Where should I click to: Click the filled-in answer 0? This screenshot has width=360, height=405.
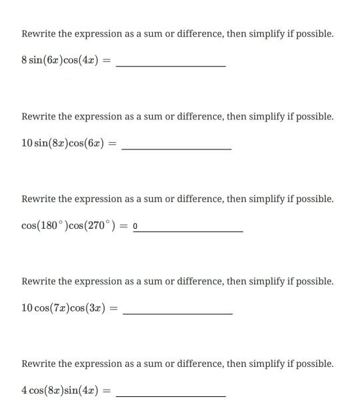click(x=135, y=226)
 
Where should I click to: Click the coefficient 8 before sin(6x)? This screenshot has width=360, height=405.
click(x=24, y=61)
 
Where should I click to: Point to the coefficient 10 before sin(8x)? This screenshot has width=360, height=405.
click(x=27, y=143)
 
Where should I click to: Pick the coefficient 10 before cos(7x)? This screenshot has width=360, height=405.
click(x=27, y=308)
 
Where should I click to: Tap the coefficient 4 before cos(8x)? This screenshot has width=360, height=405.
click(x=24, y=391)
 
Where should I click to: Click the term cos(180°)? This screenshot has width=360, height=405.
click(x=45, y=226)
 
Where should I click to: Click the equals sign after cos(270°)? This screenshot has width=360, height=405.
click(x=124, y=226)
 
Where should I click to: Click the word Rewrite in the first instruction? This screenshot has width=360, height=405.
click(x=37, y=33)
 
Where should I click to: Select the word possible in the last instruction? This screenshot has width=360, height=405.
click(x=313, y=364)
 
